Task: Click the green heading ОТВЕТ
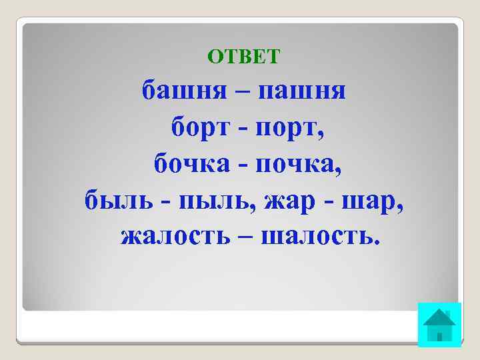click(244, 56)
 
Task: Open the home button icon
click(439, 325)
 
